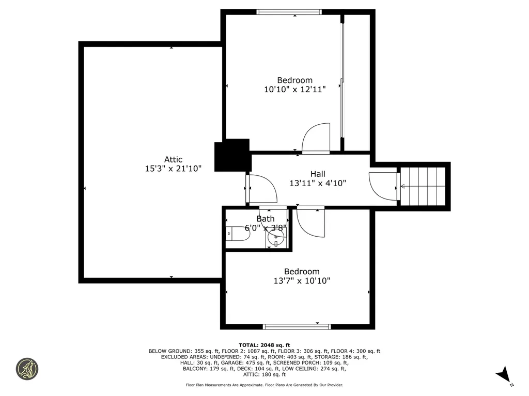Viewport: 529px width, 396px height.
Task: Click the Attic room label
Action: click(x=173, y=159)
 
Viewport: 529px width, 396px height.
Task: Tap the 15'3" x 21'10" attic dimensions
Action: click(x=173, y=169)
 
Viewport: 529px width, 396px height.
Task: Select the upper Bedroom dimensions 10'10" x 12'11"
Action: click(x=295, y=89)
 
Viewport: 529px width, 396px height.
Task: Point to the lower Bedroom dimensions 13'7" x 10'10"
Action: click(x=302, y=281)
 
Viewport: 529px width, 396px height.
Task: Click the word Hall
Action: click(x=318, y=174)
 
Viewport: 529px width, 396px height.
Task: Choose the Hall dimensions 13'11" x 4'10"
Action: click(x=318, y=183)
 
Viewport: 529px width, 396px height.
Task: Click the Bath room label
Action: click(x=266, y=219)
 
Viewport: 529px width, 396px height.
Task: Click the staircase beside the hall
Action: click(x=423, y=186)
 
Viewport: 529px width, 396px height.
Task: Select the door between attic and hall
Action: click(x=262, y=189)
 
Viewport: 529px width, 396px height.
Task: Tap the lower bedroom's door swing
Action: click(x=311, y=222)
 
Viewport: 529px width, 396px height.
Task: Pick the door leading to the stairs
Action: click(x=383, y=186)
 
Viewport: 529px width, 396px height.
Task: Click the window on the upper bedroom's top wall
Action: click(x=289, y=12)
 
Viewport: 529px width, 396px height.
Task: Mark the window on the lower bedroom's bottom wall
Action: click(x=297, y=326)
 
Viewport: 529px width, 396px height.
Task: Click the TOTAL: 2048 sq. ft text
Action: click(x=264, y=345)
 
